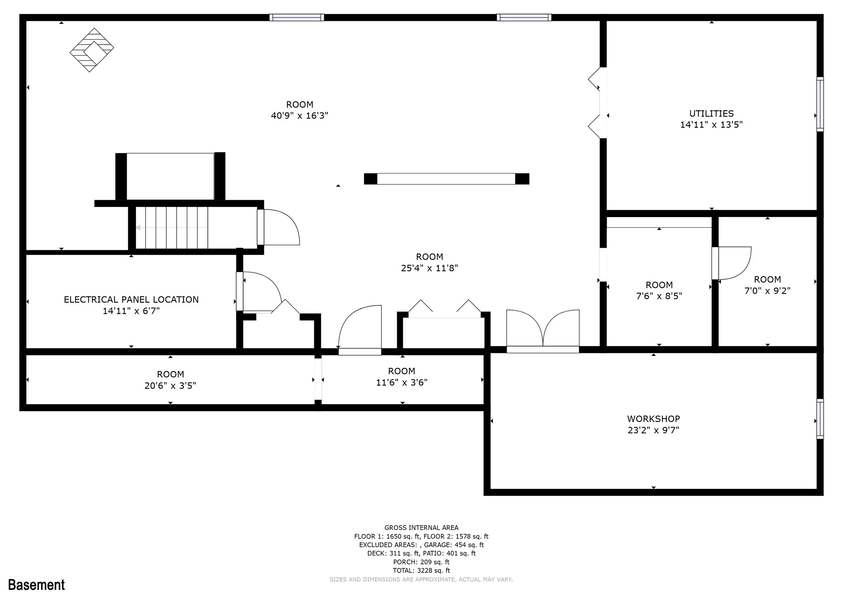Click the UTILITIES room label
711,113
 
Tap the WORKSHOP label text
653,419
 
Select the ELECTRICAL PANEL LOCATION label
131,299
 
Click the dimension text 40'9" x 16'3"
300,116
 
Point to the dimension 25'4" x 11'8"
429,268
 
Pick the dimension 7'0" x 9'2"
767,291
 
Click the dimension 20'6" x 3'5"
170,385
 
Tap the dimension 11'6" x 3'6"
402,382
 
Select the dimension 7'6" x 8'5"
659,296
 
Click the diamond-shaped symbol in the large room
92,50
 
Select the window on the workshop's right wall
820,419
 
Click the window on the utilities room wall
820,104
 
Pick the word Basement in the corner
36,584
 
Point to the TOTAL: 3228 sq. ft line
421,570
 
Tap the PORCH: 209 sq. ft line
421,562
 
